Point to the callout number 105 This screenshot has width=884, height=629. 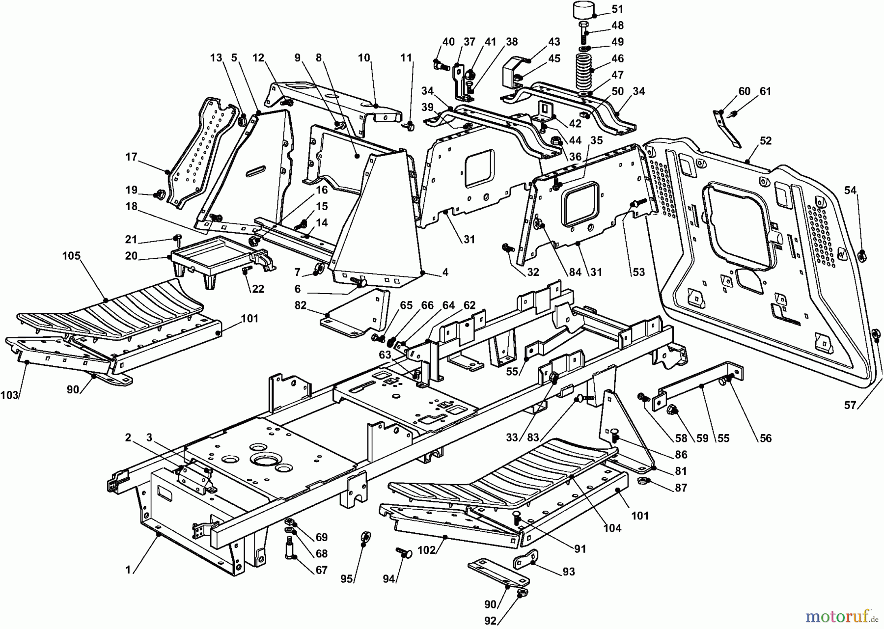pos(71,256)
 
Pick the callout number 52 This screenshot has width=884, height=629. pos(765,141)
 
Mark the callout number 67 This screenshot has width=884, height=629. pos(322,570)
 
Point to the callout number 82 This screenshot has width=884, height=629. pos(301,305)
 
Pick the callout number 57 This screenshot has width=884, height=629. pos(850,405)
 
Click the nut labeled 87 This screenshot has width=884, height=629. pos(642,481)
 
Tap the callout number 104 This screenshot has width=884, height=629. pos(612,528)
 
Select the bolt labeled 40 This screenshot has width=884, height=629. pos(439,63)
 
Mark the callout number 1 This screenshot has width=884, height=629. pos(128,570)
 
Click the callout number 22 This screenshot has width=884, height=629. pos(258,289)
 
